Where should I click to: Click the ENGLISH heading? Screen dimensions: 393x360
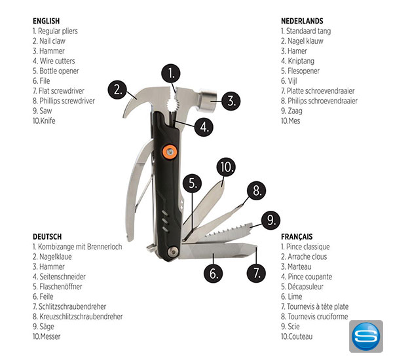(47, 21)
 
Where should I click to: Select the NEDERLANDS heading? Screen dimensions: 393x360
(302, 21)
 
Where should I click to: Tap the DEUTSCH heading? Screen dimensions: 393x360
(47, 236)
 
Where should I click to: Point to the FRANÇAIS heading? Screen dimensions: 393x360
(297, 236)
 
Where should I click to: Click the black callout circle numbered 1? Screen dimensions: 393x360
(171, 74)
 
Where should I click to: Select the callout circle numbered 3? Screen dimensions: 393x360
(231, 101)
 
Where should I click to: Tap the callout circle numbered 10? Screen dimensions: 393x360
(226, 167)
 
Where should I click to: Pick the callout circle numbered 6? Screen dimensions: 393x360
(213, 273)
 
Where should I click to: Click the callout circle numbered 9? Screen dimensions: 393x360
(271, 221)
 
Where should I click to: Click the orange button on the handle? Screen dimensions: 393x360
(169, 152)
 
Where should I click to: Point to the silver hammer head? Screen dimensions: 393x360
(208, 98)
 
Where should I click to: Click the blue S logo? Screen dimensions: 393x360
(366, 336)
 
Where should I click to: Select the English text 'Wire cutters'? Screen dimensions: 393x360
(57, 61)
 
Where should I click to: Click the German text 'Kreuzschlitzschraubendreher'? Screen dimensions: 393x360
(81, 316)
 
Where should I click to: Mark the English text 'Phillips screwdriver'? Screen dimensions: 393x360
(67, 101)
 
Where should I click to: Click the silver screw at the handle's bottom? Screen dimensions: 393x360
(174, 251)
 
